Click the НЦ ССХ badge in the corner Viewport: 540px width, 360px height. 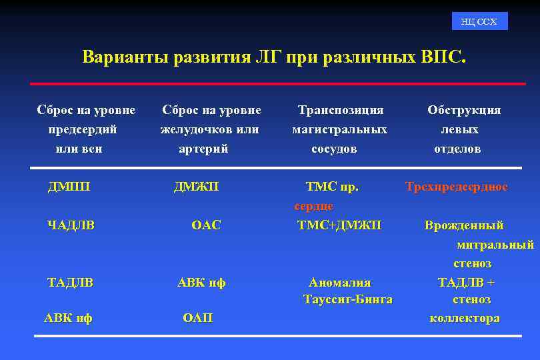pos(479,22)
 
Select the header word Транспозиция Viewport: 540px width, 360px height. pos(341,110)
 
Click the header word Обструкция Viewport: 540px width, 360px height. pos(464,110)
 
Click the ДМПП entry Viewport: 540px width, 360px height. pos(69,187)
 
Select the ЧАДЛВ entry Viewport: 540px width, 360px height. pos(71,225)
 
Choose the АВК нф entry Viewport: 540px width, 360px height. pos(68,319)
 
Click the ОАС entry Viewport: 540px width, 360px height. pos(205,225)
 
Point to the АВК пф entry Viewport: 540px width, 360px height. pos(201,283)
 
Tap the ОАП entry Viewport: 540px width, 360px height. pos(197,319)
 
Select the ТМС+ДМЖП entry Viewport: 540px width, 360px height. pos(339,225)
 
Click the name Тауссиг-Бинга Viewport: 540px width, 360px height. pos(347,299)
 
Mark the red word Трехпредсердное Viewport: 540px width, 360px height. pos(457,187)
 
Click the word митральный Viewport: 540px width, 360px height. pos(495,245)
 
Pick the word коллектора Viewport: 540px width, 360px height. pos(465,319)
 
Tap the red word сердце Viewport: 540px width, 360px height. pos(314,207)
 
